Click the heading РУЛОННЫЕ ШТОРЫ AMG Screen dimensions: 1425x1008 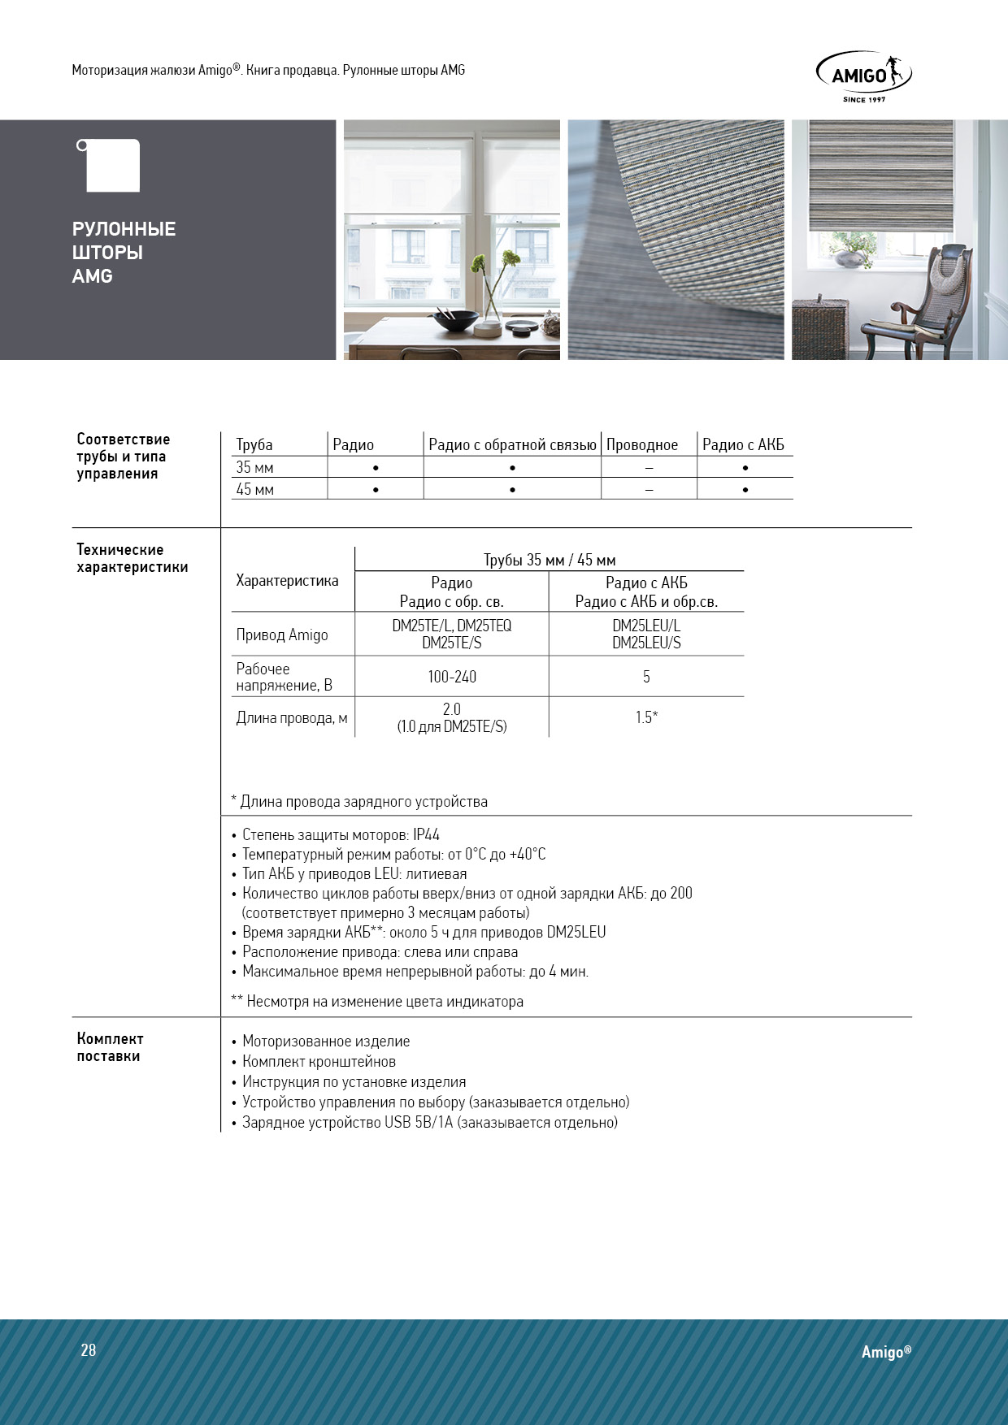pos(124,253)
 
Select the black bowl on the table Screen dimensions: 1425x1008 pos(454,320)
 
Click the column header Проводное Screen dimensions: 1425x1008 pos(642,444)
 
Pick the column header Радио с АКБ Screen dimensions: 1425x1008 pos(743,444)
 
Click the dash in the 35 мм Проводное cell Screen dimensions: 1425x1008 pos(649,468)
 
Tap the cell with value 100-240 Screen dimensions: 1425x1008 pos(452,677)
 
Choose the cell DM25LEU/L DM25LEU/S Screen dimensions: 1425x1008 pos(646,634)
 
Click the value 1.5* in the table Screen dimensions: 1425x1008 pos(646,717)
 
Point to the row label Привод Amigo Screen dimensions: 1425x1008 pos(282,635)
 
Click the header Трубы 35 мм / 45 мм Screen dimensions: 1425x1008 pos(550,560)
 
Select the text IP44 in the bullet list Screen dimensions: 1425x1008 pos(426,834)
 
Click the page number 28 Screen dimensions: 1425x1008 pos(89,1350)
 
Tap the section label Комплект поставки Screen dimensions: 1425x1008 pos(110,1047)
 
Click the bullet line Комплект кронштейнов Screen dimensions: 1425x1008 pos(319,1061)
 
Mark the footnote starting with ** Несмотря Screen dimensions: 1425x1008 pos(377,1001)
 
